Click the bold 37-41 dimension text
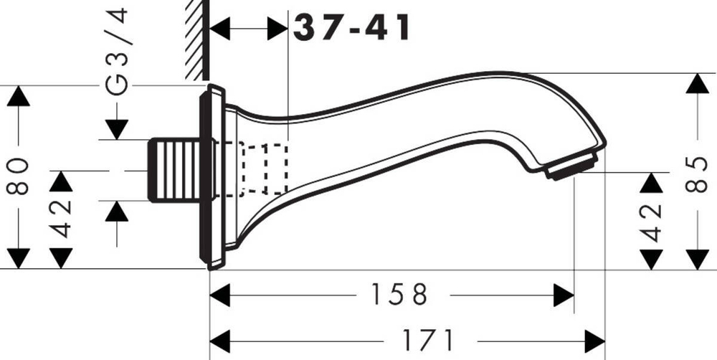pos(352,28)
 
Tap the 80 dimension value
pos(19,176)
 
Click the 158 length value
pos(399,294)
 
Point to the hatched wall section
pos(194,39)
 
